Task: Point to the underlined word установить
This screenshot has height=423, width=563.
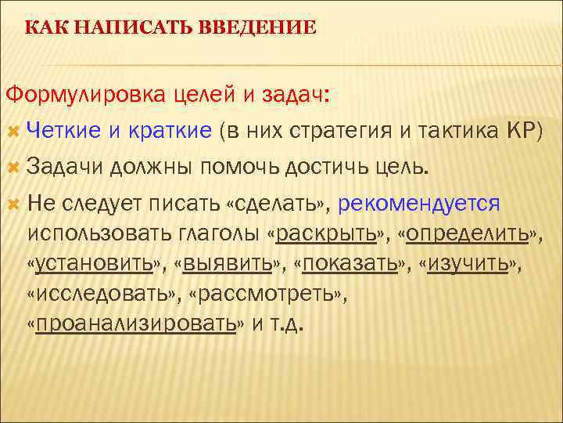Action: coord(93,263)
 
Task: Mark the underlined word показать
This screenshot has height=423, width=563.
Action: coord(350,263)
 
